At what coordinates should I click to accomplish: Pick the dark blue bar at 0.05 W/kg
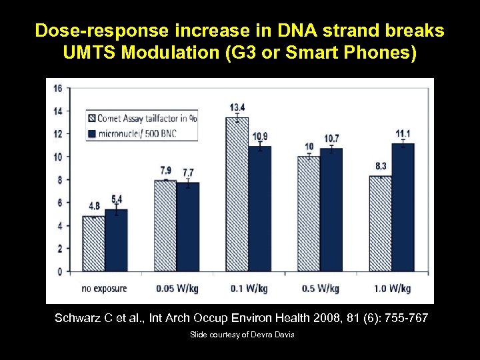(x=187, y=227)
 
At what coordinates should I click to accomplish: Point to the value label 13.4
(x=237, y=108)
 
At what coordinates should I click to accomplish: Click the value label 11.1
(x=403, y=133)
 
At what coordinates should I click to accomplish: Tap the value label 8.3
(x=380, y=165)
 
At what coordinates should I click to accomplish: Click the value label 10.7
(x=331, y=138)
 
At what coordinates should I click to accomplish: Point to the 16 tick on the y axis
(x=58, y=88)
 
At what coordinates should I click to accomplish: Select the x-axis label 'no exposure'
(x=104, y=289)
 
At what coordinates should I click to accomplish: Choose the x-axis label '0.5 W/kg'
(x=320, y=289)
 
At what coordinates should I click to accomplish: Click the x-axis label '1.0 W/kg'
(x=392, y=289)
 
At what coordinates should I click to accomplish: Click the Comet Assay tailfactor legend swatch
(x=91, y=119)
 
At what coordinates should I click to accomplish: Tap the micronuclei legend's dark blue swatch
(x=91, y=133)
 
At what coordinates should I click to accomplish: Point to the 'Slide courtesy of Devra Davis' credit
(x=241, y=334)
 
